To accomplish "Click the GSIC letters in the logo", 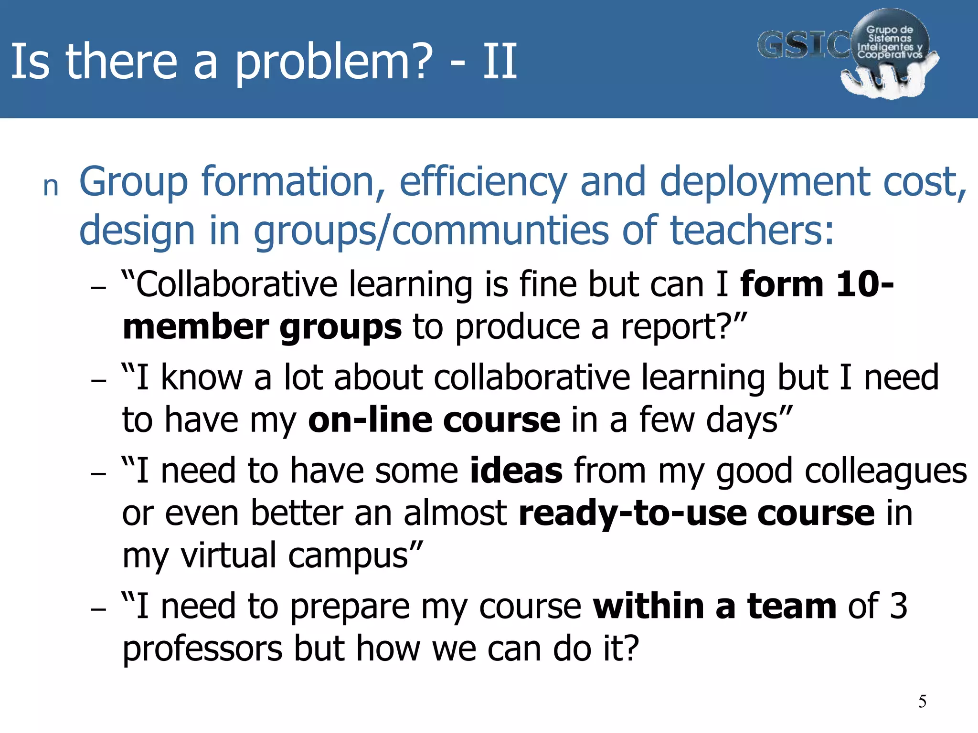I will click(802, 46).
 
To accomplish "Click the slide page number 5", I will click(922, 702).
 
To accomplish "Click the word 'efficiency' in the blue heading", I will click(483, 182).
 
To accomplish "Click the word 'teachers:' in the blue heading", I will click(752, 231).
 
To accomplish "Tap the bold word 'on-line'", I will click(370, 420).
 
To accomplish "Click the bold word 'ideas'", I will click(516, 471).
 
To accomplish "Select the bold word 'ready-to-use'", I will click(632, 513).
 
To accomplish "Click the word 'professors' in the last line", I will click(202, 649).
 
